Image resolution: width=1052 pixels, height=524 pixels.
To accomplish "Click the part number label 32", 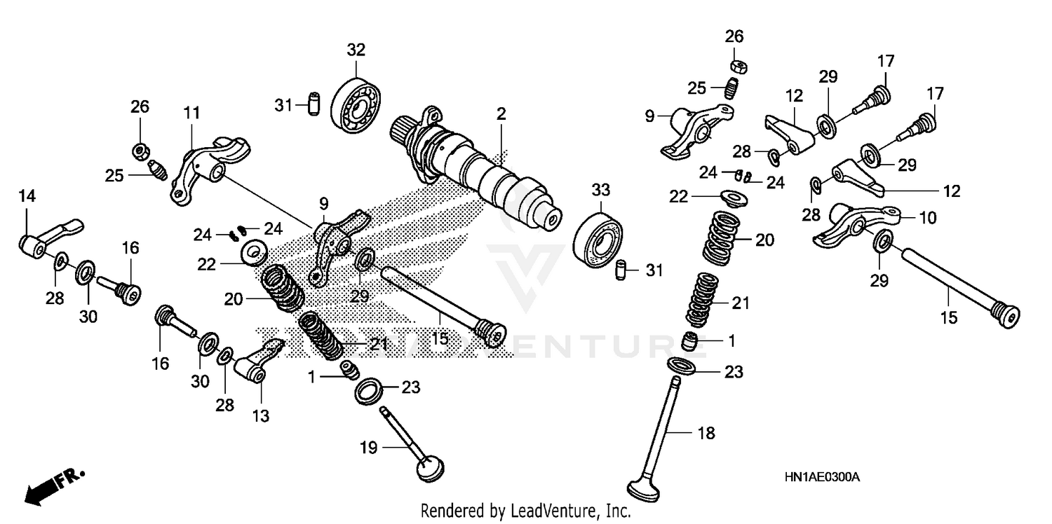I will pyautogui.click(x=356, y=50).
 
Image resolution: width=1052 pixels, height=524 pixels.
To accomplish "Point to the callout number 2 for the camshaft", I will pyautogui.click(x=501, y=114).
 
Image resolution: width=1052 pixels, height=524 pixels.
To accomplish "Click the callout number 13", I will pyautogui.click(x=260, y=416).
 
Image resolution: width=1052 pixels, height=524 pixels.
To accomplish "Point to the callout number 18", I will pyautogui.click(x=707, y=434).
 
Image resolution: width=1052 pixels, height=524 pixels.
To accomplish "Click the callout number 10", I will pyautogui.click(x=927, y=218).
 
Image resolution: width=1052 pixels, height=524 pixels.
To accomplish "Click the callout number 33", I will pyautogui.click(x=601, y=190).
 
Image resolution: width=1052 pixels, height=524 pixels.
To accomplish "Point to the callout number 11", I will pyautogui.click(x=192, y=112).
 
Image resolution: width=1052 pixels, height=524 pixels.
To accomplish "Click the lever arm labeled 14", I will pyautogui.click(x=49, y=235).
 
